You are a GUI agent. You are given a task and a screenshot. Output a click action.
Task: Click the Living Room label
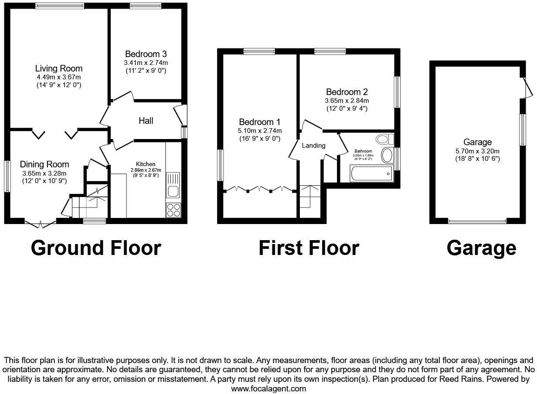[x=59, y=68]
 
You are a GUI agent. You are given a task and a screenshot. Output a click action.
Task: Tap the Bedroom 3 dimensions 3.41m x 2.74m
[x=146, y=63]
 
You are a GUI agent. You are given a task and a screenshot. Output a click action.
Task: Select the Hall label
[x=146, y=121]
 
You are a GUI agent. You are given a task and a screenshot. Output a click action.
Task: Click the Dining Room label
[x=44, y=164]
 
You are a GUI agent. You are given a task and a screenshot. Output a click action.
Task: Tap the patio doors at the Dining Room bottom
[x=40, y=224]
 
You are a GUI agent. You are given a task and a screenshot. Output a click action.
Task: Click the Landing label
[x=313, y=146]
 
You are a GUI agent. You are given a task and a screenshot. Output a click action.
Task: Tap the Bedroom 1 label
[x=259, y=122]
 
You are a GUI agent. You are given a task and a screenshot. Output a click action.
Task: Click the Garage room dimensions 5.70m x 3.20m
[x=477, y=151]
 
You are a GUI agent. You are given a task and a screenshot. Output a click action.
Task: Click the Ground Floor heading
[x=96, y=248]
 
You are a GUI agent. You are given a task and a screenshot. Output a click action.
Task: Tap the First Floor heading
[x=309, y=248]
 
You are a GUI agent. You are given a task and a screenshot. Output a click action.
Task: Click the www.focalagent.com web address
[x=268, y=389]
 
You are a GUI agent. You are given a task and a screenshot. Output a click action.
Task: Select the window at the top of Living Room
[x=60, y=6]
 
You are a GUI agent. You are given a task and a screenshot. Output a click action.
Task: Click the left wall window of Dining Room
[x=7, y=176]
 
